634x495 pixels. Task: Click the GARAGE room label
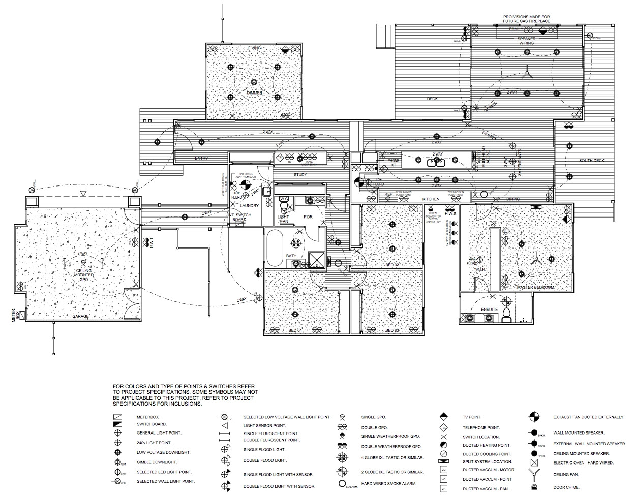(x=80, y=316)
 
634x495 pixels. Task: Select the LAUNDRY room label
(x=250, y=206)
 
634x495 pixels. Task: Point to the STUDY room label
(x=300, y=175)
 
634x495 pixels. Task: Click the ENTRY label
(x=201, y=159)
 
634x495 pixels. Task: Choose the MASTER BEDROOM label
(x=535, y=288)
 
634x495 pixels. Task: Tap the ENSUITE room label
(x=489, y=309)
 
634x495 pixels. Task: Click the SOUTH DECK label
(x=592, y=161)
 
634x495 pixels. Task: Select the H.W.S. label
(x=450, y=214)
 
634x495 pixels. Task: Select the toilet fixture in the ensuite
(x=506, y=314)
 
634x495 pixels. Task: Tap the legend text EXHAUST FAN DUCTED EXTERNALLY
(x=588, y=417)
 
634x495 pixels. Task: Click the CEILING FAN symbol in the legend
(x=534, y=475)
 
